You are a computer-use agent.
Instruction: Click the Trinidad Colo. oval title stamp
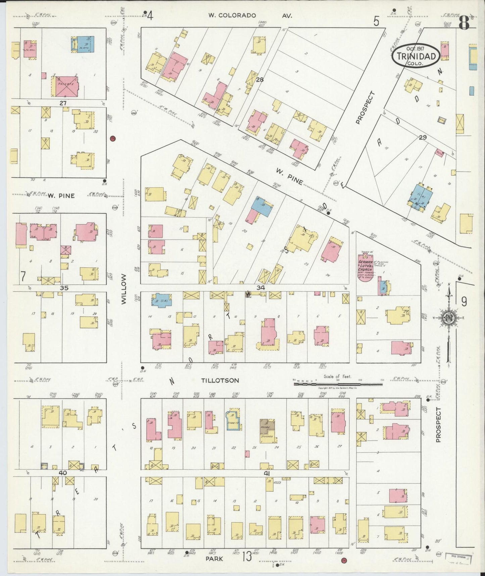pos(415,56)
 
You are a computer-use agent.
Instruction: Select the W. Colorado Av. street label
pos(250,15)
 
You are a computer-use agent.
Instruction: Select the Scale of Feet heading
pos(337,376)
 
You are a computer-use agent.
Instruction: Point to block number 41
pos(267,473)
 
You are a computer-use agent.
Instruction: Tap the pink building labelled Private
pos(65,87)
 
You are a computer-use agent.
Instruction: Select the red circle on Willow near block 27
pos(113,138)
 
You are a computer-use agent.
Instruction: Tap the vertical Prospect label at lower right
pos(438,424)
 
